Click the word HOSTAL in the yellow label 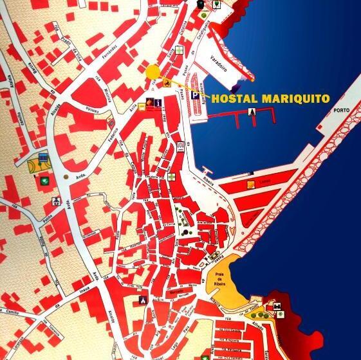[x=234, y=99]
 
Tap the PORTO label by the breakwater [x=342, y=111]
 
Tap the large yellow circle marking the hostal [x=153, y=72]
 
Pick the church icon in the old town [x=143, y=300]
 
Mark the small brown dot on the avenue [x=66, y=175]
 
